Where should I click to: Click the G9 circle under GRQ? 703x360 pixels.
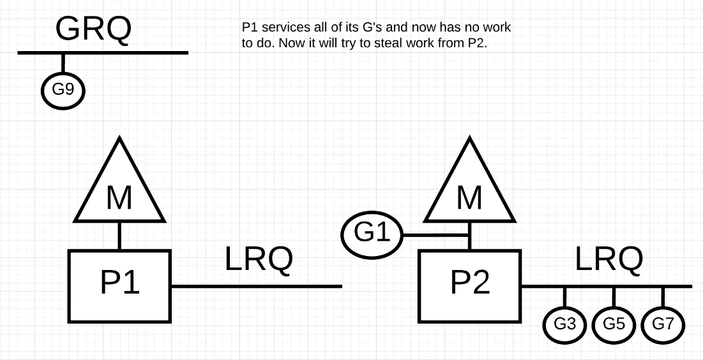(63, 90)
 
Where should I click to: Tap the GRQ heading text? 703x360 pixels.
(93, 29)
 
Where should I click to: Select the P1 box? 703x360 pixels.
(119, 285)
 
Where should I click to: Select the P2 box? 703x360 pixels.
(469, 285)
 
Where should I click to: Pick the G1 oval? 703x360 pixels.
(372, 232)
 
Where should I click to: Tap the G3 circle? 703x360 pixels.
(564, 324)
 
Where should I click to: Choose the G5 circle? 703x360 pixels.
(614, 324)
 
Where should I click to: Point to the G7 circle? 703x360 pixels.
(663, 324)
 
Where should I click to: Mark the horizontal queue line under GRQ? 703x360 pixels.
(102, 52)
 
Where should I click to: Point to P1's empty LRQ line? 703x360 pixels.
(255, 287)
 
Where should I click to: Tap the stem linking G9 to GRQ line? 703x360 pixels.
(63, 63)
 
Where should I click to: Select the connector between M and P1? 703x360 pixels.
(119, 236)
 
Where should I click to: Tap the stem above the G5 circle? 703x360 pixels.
(614, 296)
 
